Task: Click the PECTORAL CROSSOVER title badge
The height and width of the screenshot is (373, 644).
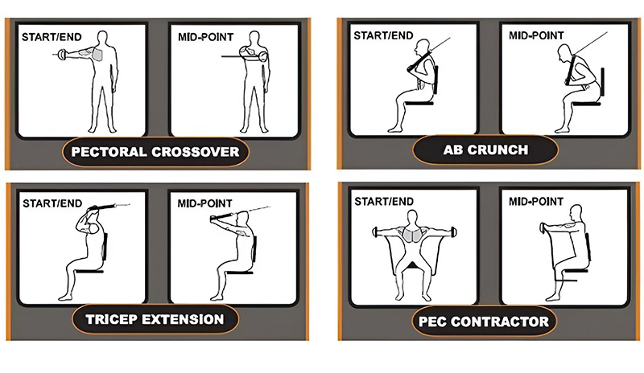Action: pos(155,152)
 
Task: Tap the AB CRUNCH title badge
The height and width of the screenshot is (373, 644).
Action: pos(485,150)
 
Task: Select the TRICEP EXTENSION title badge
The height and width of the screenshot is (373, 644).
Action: pos(155,319)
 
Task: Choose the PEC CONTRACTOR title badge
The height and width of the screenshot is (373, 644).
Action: pos(484,322)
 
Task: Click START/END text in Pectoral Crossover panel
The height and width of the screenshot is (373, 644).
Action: pos(52,37)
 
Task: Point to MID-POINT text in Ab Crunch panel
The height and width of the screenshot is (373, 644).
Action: pos(536,35)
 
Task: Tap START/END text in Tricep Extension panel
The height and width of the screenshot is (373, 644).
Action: pos(52,203)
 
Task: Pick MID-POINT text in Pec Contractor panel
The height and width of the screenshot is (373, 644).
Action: pos(536,202)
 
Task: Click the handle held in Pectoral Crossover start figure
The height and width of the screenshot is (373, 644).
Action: pos(62,54)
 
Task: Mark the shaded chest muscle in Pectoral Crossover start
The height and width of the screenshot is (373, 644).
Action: pos(97,54)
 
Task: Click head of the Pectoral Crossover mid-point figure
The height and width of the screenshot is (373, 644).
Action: pos(254,37)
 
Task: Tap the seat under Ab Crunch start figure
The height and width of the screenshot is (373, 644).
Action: pos(419,103)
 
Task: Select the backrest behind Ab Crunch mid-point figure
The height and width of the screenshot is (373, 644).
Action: pos(602,84)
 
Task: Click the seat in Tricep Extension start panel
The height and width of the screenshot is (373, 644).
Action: pos(89,271)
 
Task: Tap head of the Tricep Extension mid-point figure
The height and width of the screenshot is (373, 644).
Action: pos(244,218)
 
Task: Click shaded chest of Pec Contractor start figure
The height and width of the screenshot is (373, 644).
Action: pos(412,236)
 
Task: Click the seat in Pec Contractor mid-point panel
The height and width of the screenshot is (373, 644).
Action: pos(576,270)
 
